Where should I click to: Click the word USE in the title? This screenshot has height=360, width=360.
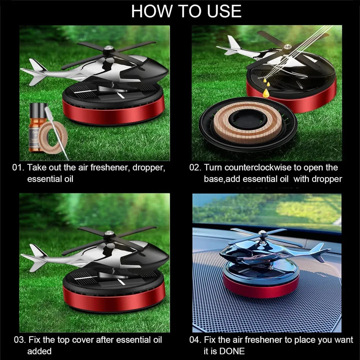224,11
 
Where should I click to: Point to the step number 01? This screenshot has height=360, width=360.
18,167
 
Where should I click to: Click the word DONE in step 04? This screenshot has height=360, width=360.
232,351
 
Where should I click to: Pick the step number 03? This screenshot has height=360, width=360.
20,340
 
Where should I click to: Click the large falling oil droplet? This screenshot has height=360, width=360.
266,93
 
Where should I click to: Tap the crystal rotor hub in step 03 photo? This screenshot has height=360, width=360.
108,233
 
